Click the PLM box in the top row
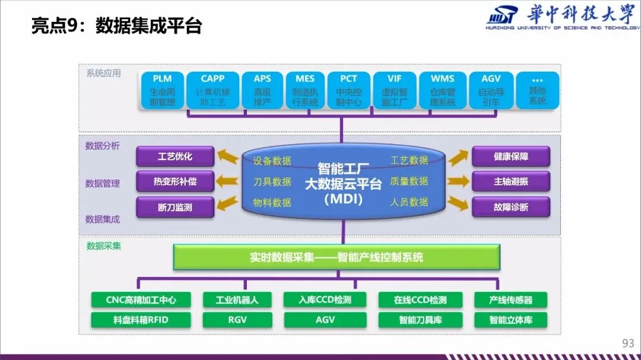pyautogui.click(x=162, y=90)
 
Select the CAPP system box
pyautogui.click(x=212, y=90)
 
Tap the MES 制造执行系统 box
pyautogui.click(x=305, y=90)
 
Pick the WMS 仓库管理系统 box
pyautogui.click(x=442, y=90)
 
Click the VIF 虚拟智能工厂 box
pyautogui.click(x=395, y=90)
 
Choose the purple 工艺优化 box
pyautogui.click(x=174, y=157)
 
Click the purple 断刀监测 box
pyautogui.click(x=174, y=207)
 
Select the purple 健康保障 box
pyautogui.click(x=510, y=157)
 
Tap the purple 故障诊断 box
pyautogui.click(x=510, y=207)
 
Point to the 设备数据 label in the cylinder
pyautogui.click(x=272, y=161)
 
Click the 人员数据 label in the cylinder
pyautogui.click(x=409, y=202)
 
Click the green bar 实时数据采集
pyautogui.click(x=337, y=257)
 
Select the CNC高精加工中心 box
pyautogui.click(x=141, y=300)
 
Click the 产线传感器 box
pyautogui.click(x=510, y=300)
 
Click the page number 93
pyautogui.click(x=628, y=343)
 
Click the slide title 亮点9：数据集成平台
pyautogui.click(x=117, y=27)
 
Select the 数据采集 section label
pyautogui.click(x=104, y=246)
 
